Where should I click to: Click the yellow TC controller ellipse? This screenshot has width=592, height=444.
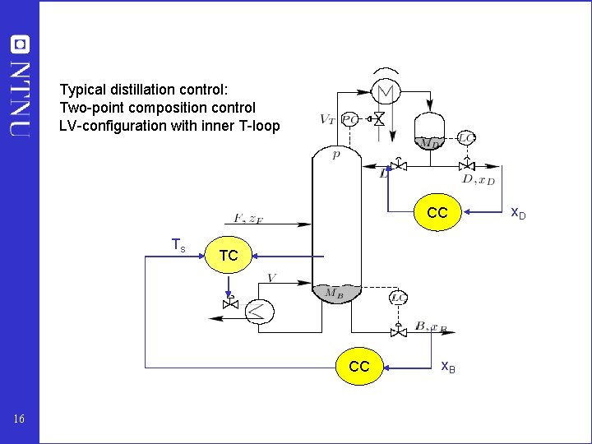click(229, 256)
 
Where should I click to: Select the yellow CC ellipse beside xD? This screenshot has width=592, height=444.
click(437, 213)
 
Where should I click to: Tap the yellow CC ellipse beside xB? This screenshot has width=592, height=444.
click(359, 366)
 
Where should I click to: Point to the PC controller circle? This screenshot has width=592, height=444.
click(349, 119)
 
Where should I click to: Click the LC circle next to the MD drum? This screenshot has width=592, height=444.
click(465, 138)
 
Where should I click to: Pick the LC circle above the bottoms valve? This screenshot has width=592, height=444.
click(398, 298)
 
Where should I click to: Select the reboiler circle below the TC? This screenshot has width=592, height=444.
click(261, 310)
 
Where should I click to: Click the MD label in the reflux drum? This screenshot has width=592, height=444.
click(428, 142)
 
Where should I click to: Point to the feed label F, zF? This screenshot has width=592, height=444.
click(249, 219)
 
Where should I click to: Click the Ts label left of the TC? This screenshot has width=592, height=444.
click(178, 244)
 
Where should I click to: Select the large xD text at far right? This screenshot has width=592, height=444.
click(518, 213)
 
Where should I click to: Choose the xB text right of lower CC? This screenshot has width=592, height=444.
click(448, 366)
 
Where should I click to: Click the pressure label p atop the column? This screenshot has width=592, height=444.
click(335, 155)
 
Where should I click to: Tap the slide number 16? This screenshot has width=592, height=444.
click(19, 420)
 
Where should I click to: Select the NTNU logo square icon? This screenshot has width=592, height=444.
click(19, 44)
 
